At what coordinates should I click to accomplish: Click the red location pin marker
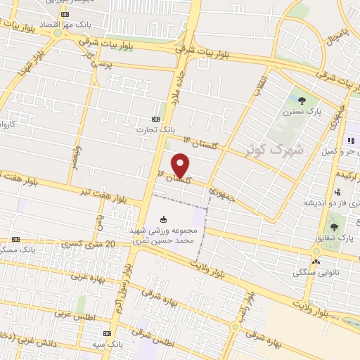181,164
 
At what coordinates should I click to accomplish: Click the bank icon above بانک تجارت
156,119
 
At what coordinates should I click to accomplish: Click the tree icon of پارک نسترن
302,101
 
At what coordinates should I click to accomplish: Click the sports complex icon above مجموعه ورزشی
164,219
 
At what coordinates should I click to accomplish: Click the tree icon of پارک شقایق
334,226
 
